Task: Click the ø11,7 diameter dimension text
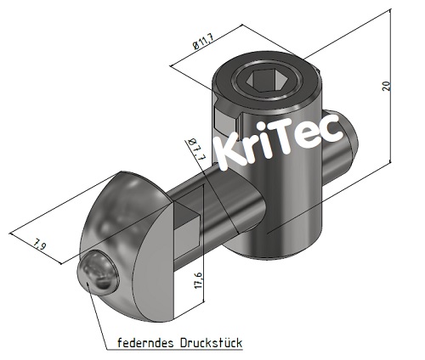pyautogui.click(x=203, y=42)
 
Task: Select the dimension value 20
pyautogui.click(x=387, y=85)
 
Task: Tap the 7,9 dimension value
pyautogui.click(x=38, y=245)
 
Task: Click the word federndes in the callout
pyautogui.click(x=140, y=343)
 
